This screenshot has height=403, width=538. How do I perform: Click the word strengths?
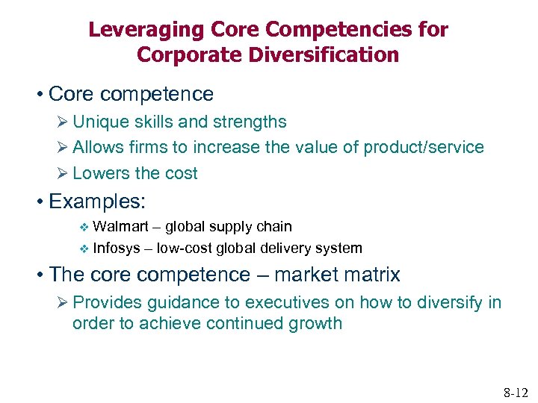(250, 122)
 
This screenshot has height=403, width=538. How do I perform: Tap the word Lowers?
(101, 173)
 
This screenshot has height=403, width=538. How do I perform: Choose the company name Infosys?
(117, 248)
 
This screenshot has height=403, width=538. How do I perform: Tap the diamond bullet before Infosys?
(84, 249)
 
